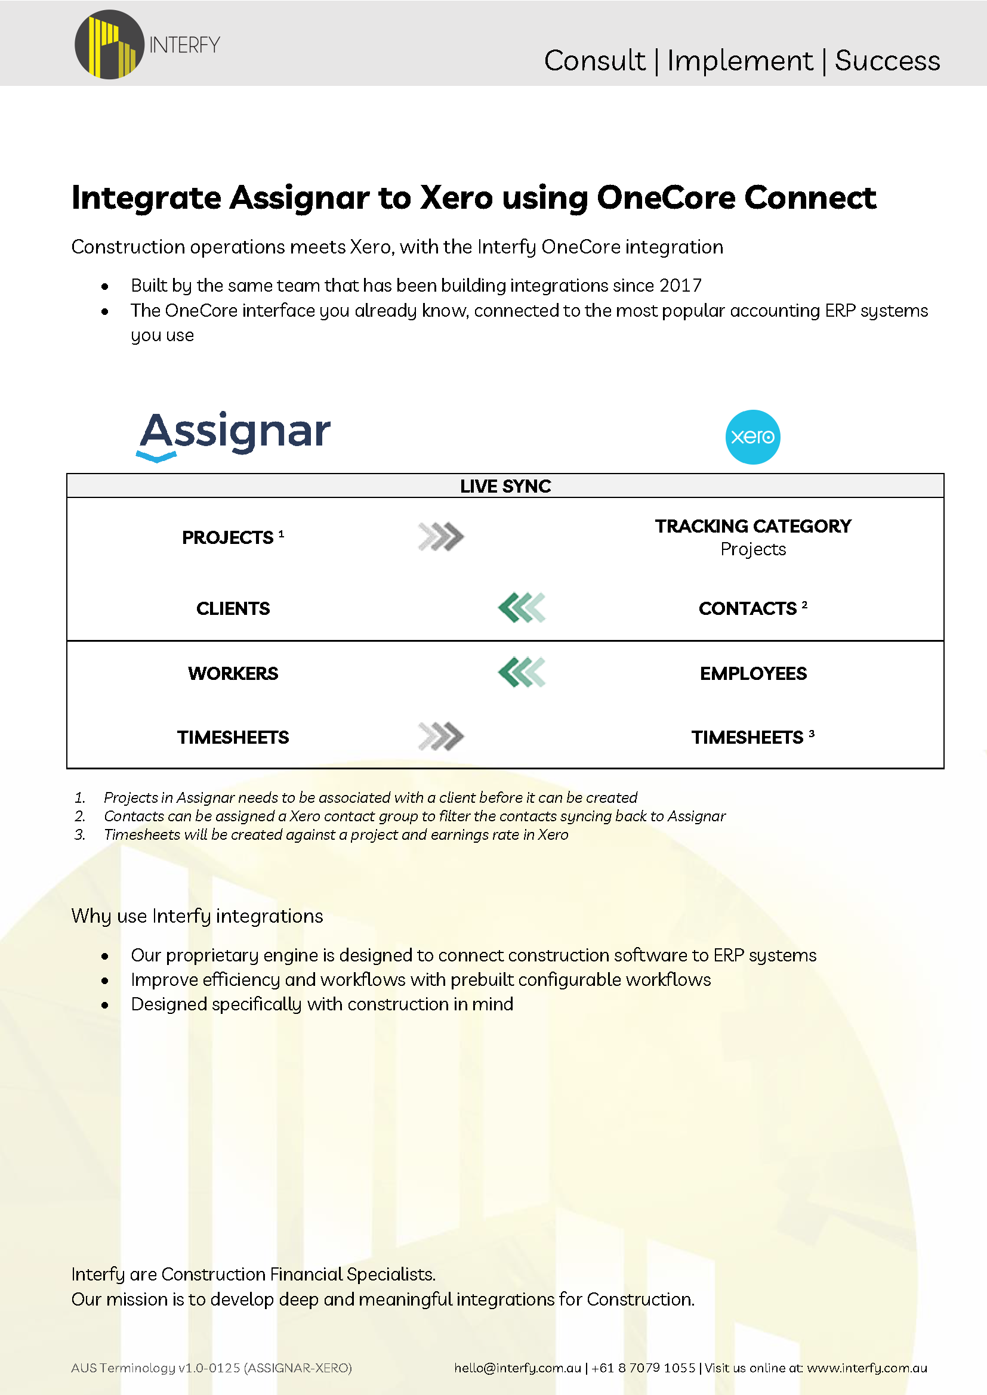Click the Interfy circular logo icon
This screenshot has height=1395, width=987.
pos(109,44)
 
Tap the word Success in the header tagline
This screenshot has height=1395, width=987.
pos(887,61)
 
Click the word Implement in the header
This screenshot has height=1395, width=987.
pos(739,61)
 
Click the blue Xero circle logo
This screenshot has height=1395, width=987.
pos(752,437)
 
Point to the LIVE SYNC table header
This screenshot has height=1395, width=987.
pos(505,486)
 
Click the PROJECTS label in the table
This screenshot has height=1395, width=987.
pos(228,538)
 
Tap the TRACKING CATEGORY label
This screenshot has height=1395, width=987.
pos(752,526)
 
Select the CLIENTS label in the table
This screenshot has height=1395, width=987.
pos(233,608)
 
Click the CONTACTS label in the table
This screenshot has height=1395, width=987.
pos(748,608)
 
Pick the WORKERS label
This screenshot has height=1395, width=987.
pos(233,673)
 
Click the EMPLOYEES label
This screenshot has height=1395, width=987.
pos(753,673)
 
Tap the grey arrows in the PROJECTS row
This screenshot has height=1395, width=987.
pos(441,537)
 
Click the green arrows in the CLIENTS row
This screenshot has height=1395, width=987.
pos(522,608)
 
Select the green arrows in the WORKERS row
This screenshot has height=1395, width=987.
pos(522,673)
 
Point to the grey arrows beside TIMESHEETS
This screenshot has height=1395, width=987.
pos(441,737)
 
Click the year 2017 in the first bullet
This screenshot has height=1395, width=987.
pos(680,286)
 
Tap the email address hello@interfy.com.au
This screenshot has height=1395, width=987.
pos(518,1368)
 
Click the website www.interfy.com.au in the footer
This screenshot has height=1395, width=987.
pos(866,1368)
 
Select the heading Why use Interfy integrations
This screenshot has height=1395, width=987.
pos(197,915)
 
